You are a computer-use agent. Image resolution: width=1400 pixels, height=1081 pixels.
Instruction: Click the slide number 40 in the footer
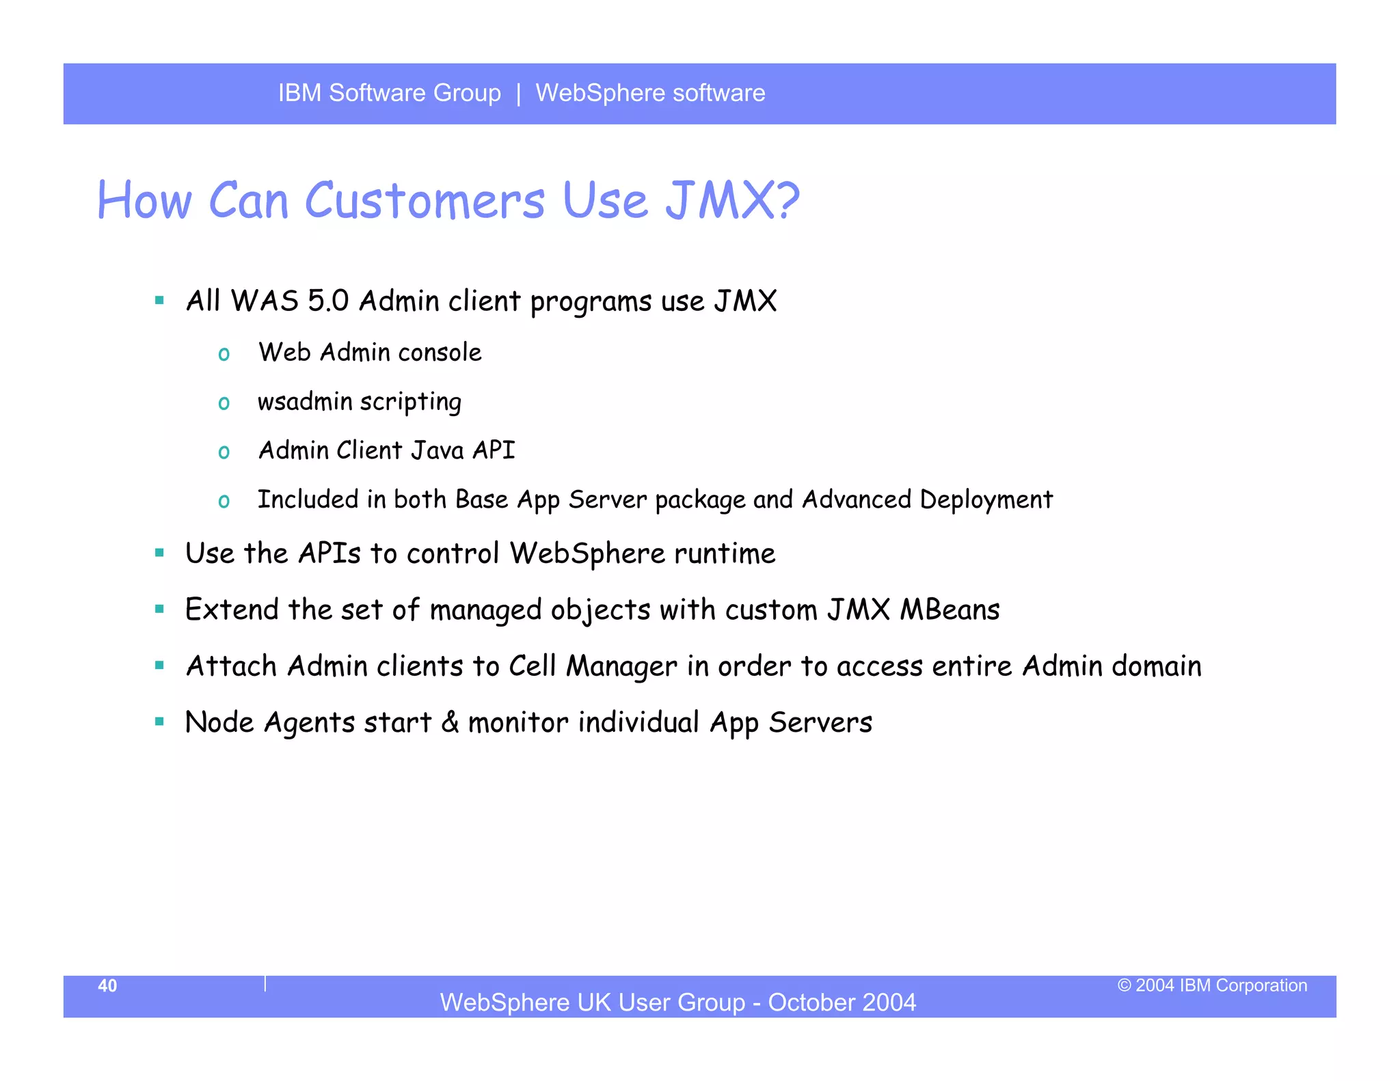[x=107, y=985]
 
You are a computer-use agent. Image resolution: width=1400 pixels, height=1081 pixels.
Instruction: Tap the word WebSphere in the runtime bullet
[x=587, y=553]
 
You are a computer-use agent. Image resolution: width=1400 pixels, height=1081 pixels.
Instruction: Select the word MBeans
[x=950, y=610]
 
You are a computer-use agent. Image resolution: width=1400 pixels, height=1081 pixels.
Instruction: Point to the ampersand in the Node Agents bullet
[x=450, y=722]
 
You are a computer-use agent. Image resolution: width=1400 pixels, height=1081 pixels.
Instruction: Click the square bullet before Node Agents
[x=160, y=722]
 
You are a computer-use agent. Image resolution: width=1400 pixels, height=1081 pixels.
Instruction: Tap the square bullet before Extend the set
[x=160, y=609]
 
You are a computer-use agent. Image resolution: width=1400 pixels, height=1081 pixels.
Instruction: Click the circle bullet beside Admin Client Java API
[x=224, y=452]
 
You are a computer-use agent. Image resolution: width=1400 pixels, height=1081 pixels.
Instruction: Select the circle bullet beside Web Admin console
[x=224, y=354]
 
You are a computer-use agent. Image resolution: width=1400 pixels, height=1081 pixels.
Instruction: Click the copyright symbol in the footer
[x=1125, y=985]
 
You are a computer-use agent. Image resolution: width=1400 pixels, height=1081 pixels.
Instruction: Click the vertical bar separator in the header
[x=518, y=93]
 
